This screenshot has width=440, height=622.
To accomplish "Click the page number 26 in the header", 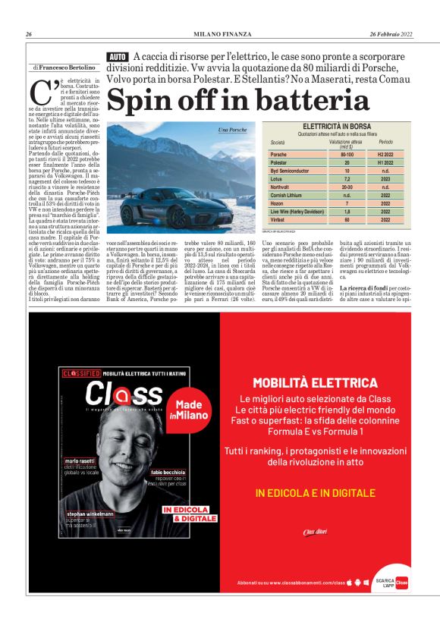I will [28, 34].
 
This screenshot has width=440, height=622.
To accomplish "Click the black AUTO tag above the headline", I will [118, 57].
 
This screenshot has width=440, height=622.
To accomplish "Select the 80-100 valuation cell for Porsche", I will [347, 155].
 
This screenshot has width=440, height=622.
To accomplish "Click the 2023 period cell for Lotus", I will [385, 179].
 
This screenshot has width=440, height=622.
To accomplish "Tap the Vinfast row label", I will [278, 220].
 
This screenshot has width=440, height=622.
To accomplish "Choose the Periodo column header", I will [385, 143].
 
